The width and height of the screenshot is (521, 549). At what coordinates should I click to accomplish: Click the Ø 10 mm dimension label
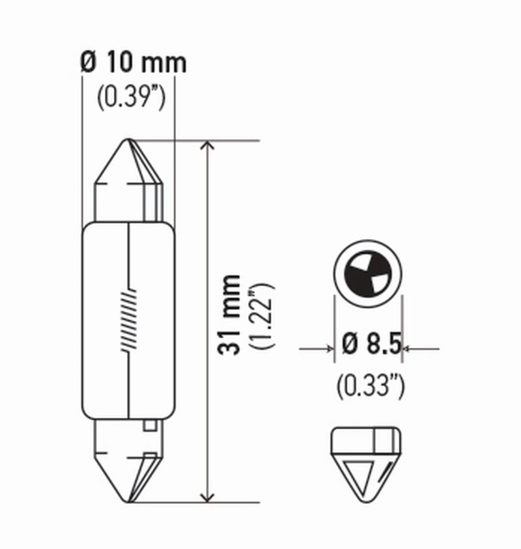(x=134, y=63)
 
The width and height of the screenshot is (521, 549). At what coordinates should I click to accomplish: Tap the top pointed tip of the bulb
(x=128, y=141)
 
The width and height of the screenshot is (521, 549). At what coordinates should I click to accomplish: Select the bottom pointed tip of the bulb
(x=128, y=501)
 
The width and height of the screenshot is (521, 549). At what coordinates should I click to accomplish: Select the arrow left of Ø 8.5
(x=328, y=349)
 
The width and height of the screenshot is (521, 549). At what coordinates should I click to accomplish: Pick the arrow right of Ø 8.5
(x=408, y=349)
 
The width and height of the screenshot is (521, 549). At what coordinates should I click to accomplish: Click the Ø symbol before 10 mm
(x=89, y=63)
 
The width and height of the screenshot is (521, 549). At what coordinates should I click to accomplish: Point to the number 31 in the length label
(x=229, y=343)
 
